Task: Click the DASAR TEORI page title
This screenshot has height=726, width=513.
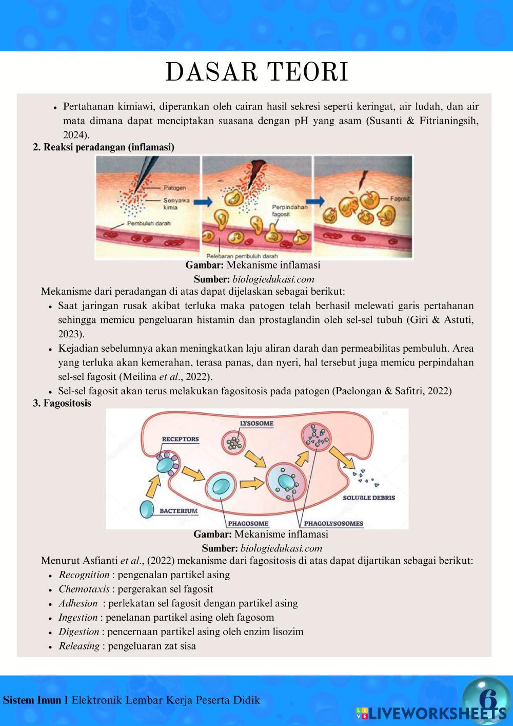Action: [256, 72]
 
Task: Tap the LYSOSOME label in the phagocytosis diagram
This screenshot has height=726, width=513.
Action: [256, 424]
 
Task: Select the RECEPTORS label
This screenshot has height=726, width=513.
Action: [180, 440]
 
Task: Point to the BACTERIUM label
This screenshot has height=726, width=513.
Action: [179, 511]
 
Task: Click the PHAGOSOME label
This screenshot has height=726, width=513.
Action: [248, 524]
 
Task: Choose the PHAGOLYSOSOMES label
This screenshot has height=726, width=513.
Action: [333, 524]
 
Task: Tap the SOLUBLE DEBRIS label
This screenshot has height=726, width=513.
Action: [369, 498]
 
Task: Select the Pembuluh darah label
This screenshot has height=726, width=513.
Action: [149, 223]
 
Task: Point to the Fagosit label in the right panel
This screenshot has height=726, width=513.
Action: [400, 198]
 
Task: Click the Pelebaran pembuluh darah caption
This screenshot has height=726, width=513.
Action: [242, 256]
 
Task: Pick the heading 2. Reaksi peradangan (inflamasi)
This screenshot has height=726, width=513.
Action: [104, 147]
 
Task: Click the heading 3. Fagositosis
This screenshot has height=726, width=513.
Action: [62, 404]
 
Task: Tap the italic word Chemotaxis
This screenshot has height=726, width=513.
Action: [84, 589]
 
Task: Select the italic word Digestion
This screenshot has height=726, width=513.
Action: [78, 632]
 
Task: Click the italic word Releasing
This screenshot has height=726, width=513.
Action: [79, 646]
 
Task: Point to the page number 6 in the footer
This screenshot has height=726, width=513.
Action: [487, 699]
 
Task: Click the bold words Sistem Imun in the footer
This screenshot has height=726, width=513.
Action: [32, 700]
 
